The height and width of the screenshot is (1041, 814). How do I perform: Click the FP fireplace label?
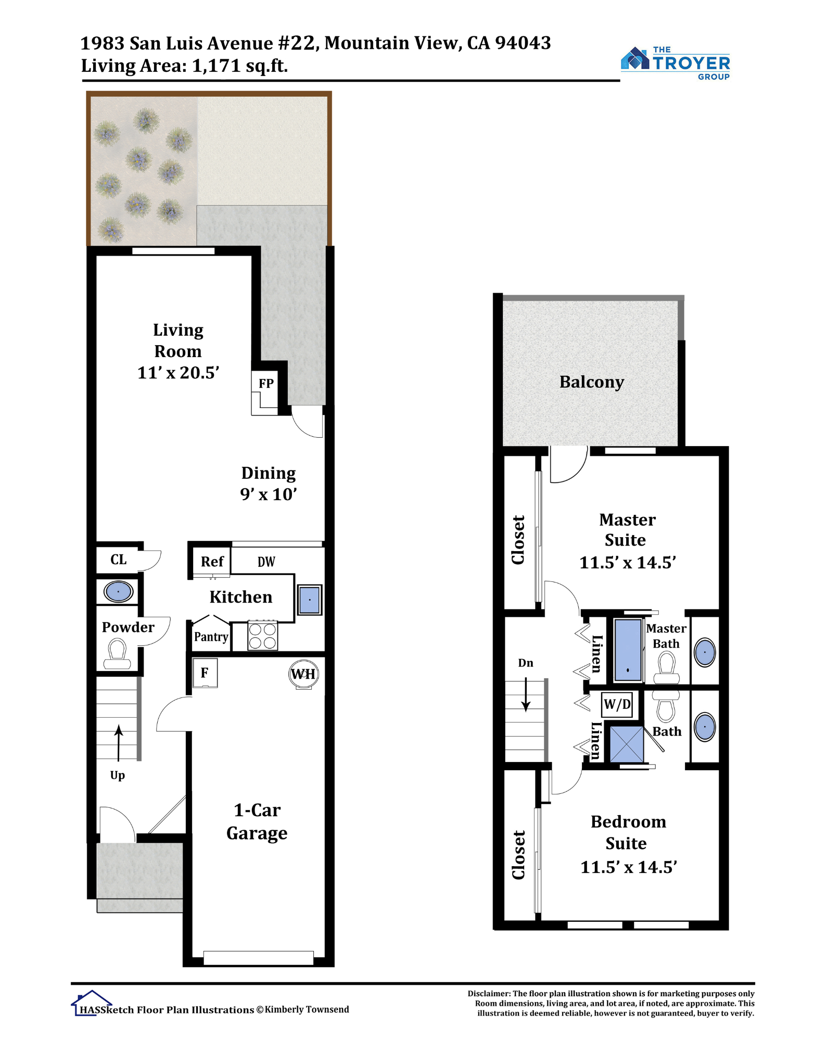pos(266,384)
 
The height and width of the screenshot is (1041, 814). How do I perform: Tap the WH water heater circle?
pos(303,674)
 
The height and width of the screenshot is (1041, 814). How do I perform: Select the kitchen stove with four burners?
pos(263,636)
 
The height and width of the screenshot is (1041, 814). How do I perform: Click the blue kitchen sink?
pos(310,600)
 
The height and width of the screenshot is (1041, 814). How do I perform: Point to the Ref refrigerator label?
pos(212,562)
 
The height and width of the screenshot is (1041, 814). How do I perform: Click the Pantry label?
pos(211,637)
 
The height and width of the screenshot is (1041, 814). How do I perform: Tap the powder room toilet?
pos(117,654)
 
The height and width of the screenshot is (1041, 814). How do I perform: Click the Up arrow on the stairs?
pos(119,743)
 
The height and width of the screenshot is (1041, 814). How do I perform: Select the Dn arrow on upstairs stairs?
pos(526,694)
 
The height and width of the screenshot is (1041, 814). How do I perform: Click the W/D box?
pos(617,705)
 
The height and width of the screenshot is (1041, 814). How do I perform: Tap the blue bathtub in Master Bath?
pos(628,650)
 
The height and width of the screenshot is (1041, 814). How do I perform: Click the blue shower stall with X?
pos(627,744)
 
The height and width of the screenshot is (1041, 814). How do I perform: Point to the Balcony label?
pos(592,382)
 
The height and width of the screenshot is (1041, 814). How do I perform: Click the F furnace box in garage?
pos(205,673)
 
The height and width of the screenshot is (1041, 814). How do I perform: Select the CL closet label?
pos(119,560)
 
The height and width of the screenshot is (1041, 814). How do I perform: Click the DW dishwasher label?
pos(266,562)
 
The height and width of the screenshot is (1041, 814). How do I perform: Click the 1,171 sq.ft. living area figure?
pos(240,66)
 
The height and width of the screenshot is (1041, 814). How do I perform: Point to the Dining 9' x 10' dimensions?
pos(269,494)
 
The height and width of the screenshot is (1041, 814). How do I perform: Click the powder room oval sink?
pos(118,592)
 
